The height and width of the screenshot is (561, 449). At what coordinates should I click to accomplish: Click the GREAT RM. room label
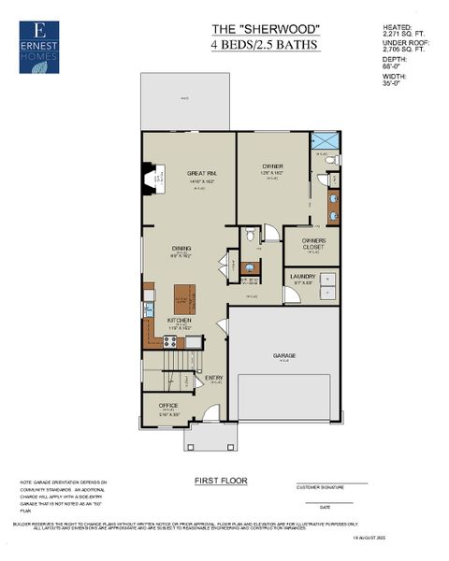pyautogui.click(x=201, y=172)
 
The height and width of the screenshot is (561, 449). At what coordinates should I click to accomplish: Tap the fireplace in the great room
pyautogui.click(x=149, y=177)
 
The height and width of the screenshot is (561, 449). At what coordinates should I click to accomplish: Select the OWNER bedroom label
pyautogui.click(x=272, y=166)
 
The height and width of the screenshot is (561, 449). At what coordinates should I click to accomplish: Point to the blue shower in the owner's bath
pyautogui.click(x=324, y=142)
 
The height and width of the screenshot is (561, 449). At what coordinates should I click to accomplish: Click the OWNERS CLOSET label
pyautogui.click(x=313, y=244)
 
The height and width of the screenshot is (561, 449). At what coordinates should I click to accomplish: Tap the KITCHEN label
pyautogui.click(x=179, y=320)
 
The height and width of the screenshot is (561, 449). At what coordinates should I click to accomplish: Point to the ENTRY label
pyautogui.click(x=214, y=377)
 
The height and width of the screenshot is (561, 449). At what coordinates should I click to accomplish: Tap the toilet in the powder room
pyautogui.click(x=250, y=235)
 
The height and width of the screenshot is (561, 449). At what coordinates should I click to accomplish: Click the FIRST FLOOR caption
pyautogui.click(x=221, y=480)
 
